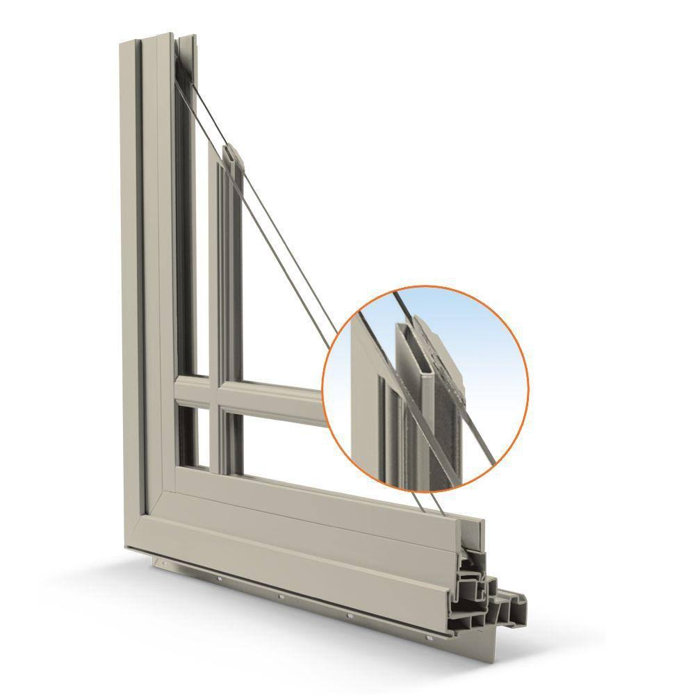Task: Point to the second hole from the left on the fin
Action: pyautogui.click(x=218, y=578)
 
